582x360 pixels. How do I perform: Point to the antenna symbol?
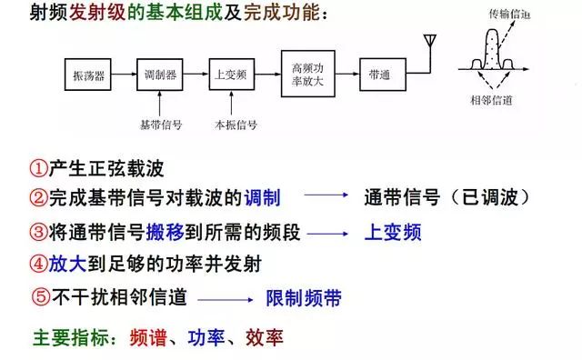coord(428,45)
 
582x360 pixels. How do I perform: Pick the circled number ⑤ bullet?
coord(38,296)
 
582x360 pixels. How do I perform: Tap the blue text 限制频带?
coord(303,297)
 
